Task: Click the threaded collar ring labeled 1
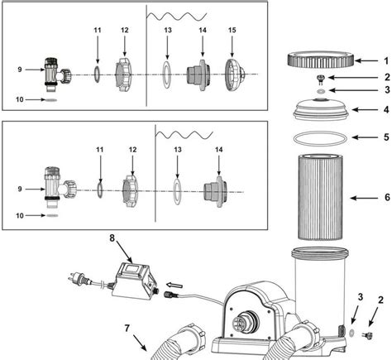pyautogui.click(x=322, y=60)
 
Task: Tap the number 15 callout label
pyautogui.click(x=232, y=31)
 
